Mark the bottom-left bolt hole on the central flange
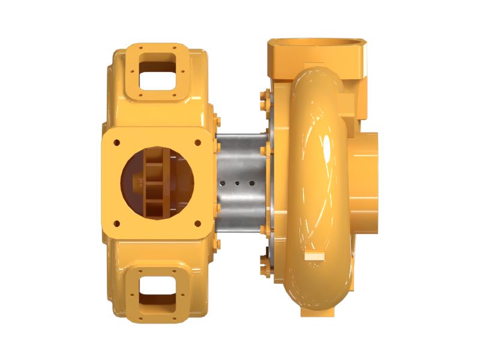coord(117,223)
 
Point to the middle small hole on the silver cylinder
coord(238,182)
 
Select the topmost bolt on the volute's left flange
coord(264,97)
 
